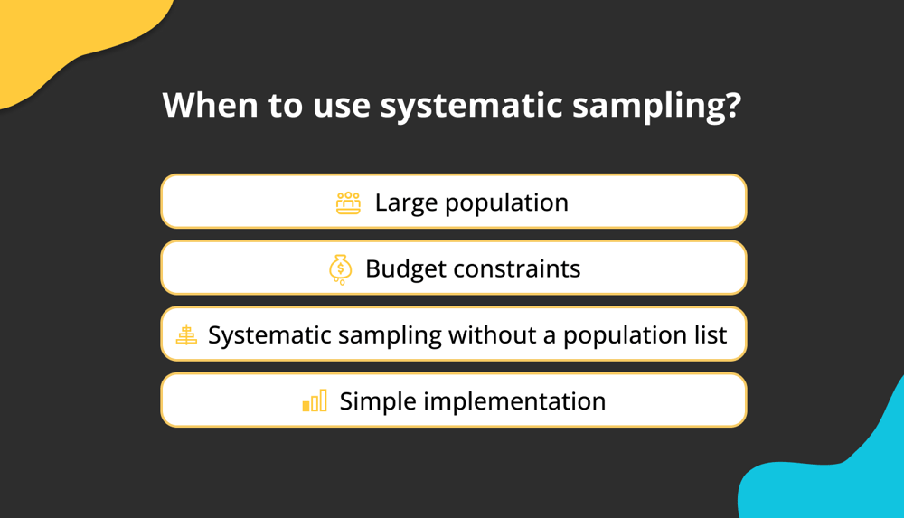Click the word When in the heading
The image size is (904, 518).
click(x=210, y=105)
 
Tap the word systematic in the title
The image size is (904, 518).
click(x=471, y=107)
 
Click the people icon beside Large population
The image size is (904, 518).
click(x=348, y=203)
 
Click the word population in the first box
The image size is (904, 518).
click(x=506, y=203)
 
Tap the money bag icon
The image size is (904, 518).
click(x=340, y=269)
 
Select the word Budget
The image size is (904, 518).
click(x=405, y=269)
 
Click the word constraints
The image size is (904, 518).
click(x=516, y=268)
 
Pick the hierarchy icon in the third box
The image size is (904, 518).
click(x=186, y=334)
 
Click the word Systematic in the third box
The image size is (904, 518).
click(x=269, y=335)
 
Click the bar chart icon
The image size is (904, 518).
click(x=315, y=400)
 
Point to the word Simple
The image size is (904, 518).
click(x=378, y=401)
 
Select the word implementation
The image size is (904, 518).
click(x=514, y=401)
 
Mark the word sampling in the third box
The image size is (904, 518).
click(x=389, y=335)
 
